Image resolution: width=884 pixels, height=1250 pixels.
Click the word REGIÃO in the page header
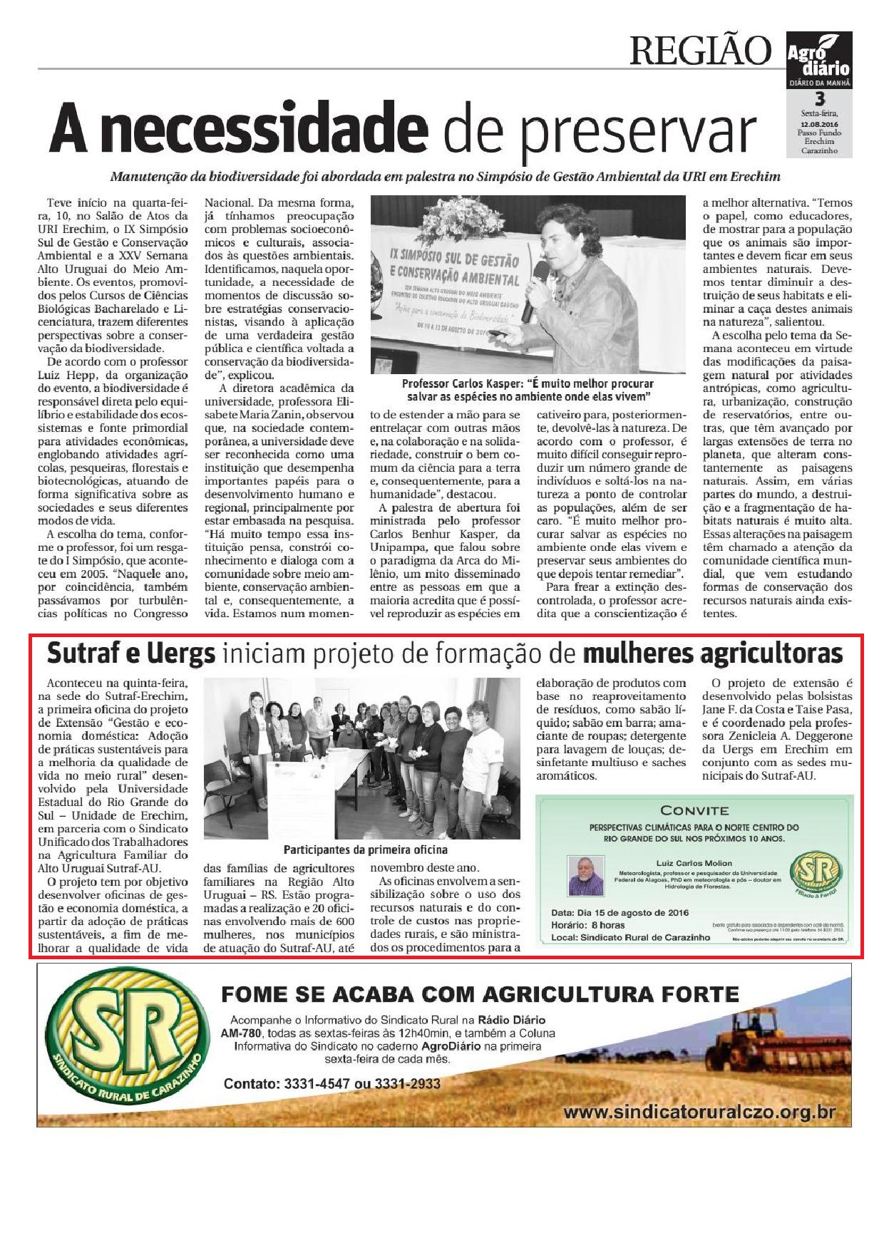pos(700,51)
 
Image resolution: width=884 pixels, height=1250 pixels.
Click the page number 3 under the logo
pos(819,99)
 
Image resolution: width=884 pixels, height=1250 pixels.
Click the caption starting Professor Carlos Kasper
pos(528,389)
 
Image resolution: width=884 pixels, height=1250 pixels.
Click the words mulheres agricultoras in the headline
pos(712,653)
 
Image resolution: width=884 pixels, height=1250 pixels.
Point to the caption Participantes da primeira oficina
pos(365,849)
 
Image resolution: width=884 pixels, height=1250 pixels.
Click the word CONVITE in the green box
pos(694,810)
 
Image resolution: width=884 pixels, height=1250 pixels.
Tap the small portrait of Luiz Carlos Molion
pos(585,875)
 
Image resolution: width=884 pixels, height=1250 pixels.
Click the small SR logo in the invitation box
pos(816,872)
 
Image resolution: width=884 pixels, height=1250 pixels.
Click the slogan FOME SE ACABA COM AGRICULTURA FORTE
pos(480,994)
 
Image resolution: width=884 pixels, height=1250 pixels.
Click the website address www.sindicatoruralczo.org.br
pos(699,1112)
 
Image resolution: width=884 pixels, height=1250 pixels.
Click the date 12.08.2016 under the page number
pos(818,124)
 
